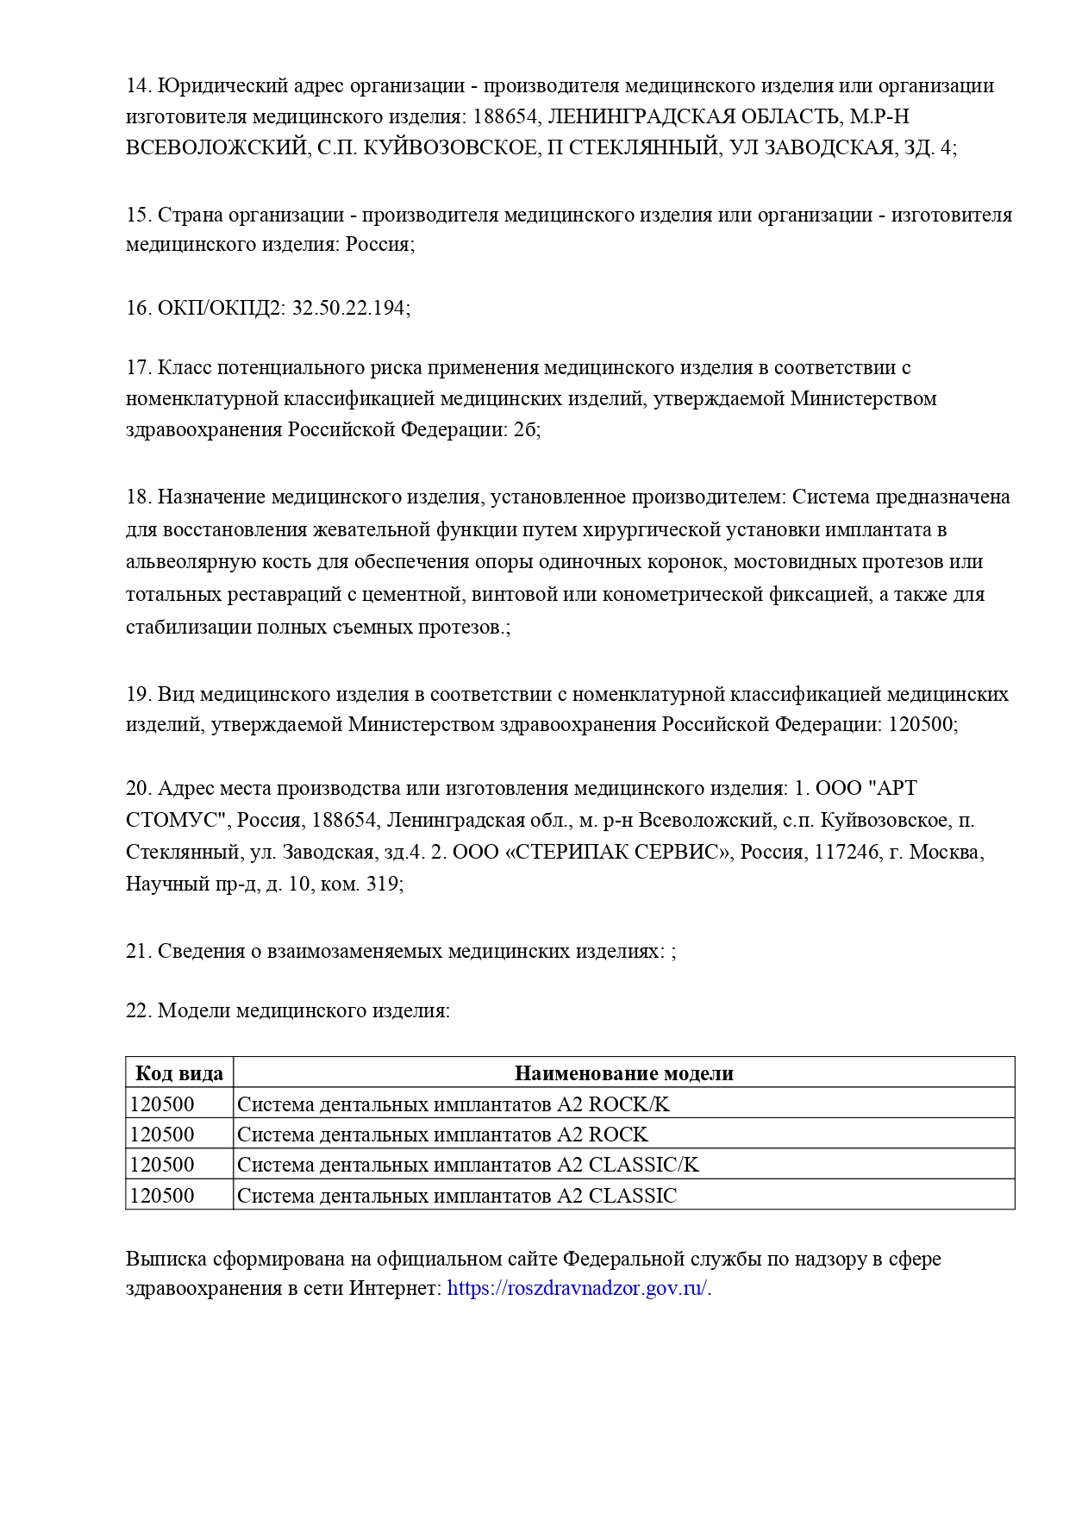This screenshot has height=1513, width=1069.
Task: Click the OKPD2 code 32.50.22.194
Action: [x=349, y=308]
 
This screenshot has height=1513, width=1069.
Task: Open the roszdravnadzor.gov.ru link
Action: [x=578, y=1289]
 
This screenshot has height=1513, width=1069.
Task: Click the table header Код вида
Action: [x=179, y=1073]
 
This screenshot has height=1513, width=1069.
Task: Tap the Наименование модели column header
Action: [x=623, y=1073]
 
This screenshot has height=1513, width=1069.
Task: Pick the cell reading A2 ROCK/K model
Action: [x=453, y=1104]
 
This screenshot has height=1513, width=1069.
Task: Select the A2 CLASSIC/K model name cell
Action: [x=468, y=1165]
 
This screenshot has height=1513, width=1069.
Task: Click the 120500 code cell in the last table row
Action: [x=162, y=1196]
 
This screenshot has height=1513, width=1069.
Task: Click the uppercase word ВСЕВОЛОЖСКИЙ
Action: [x=216, y=147]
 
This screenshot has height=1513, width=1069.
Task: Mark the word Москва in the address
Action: [x=945, y=853]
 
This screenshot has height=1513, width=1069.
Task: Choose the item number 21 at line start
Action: [x=138, y=951]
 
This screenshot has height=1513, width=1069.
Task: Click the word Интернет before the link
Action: [x=395, y=1289]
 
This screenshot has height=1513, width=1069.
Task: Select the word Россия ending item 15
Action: [x=378, y=244]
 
